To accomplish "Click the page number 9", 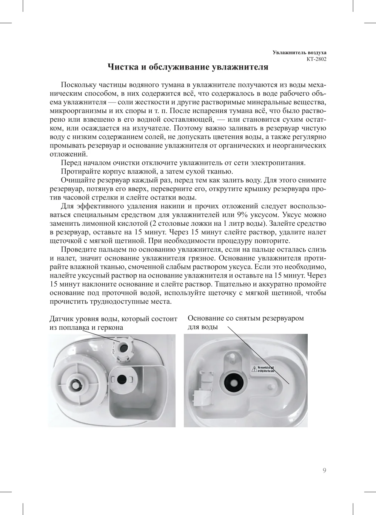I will point(324,470).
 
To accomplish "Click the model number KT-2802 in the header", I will point(316,59).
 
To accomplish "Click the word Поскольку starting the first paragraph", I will point(78,85).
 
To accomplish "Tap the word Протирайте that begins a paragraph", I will point(79,172).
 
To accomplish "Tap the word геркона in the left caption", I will point(110,327).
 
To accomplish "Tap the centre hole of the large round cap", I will point(76,385).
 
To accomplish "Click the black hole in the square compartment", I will point(122,378).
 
